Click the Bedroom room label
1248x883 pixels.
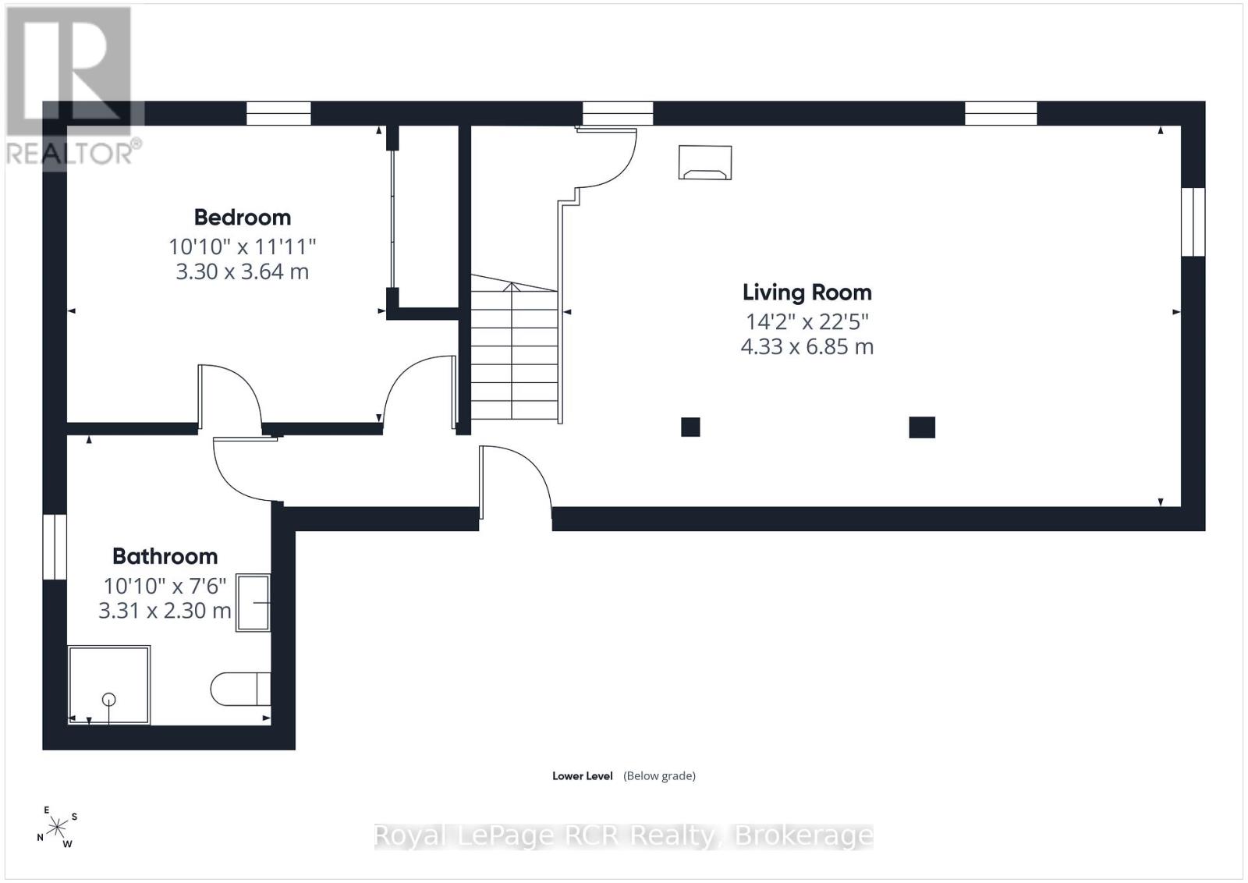coord(243,218)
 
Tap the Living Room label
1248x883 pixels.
coord(807,293)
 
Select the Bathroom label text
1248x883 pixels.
coord(165,556)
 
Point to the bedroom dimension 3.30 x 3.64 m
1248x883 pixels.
coord(243,271)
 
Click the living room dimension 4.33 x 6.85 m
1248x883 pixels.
coord(807,346)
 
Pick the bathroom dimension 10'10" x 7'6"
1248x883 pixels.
coord(165,586)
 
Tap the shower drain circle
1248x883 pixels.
coord(108,699)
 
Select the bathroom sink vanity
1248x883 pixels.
coord(253,602)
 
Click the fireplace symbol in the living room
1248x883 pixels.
coord(705,162)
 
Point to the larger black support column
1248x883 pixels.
coord(922,427)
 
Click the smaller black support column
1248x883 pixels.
coord(690,427)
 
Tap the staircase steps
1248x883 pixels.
coord(514,347)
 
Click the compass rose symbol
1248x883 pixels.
coord(57,828)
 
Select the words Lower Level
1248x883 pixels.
coord(582,776)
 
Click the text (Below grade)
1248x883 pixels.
coord(660,776)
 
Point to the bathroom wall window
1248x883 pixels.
coord(55,547)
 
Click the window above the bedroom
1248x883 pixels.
coord(278,114)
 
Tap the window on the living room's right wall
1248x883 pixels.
coord(1193,222)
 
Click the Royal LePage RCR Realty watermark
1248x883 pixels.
coord(623,836)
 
